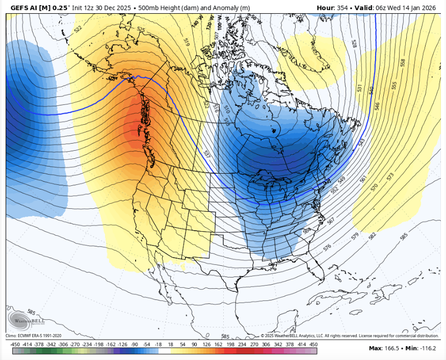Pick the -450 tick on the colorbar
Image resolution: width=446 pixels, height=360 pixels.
(15, 344)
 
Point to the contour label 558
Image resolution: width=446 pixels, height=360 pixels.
(403, 63)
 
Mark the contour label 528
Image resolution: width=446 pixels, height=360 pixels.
(354, 43)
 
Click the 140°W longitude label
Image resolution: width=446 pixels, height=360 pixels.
(195, 23)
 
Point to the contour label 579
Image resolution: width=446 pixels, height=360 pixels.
(355, 236)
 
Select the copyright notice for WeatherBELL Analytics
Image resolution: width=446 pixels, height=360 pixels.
(350, 336)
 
